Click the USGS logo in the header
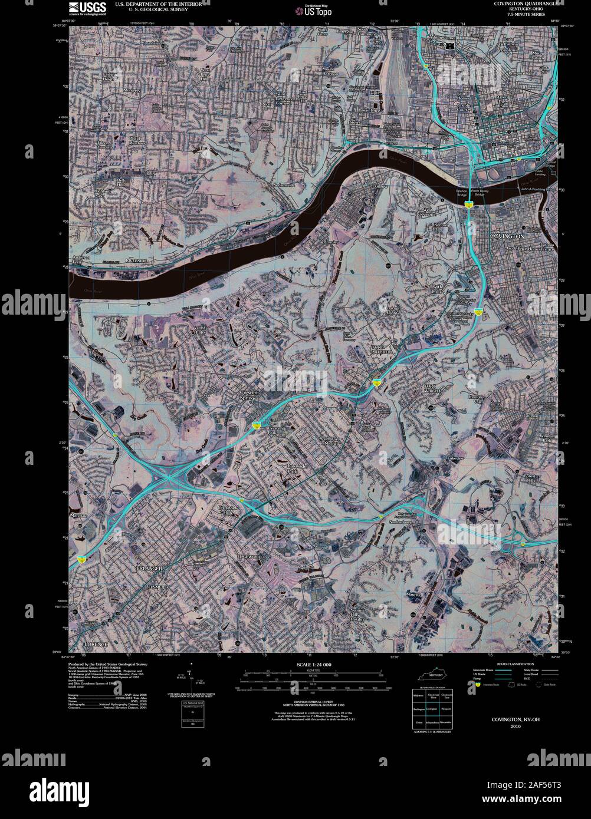coord(87,8)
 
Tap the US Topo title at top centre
coord(317,10)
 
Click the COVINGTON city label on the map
coord(507,236)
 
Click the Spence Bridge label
coord(461,193)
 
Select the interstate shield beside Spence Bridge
coord(468,204)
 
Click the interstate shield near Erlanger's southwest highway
coord(80,558)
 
